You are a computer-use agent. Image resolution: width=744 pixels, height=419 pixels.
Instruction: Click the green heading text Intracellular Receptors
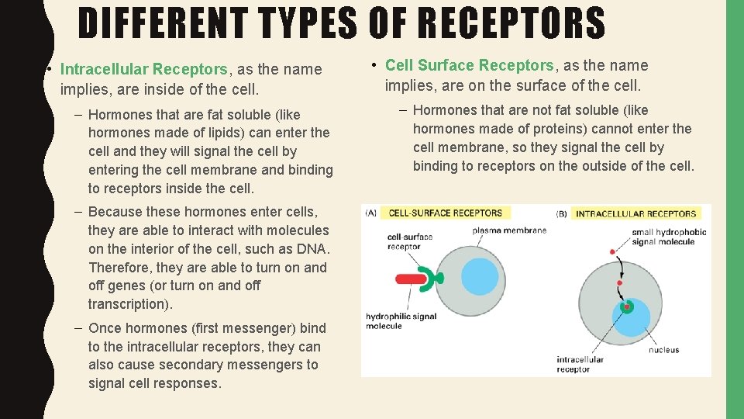(x=143, y=69)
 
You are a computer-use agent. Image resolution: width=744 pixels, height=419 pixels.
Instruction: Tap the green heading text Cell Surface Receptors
(x=470, y=65)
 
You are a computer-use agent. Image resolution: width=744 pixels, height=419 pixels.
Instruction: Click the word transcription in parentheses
(x=125, y=304)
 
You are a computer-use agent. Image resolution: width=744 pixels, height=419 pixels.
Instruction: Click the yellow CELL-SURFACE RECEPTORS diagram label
(x=445, y=213)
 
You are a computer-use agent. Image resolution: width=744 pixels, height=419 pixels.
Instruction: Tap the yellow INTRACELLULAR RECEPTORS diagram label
(x=635, y=213)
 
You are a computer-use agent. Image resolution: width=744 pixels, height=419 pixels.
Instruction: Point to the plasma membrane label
(x=509, y=230)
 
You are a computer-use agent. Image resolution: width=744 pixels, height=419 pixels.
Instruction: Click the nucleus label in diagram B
(x=663, y=350)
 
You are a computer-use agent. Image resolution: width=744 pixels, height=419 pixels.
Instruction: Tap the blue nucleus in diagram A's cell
(x=480, y=277)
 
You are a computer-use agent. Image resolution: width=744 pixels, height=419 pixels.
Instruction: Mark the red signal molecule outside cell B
(x=612, y=252)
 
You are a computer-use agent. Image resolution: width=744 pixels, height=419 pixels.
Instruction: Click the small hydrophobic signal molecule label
(x=669, y=237)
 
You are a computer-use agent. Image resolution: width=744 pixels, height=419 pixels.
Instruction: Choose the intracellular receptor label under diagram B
(x=579, y=365)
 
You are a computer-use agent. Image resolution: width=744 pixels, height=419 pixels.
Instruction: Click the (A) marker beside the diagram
(x=371, y=213)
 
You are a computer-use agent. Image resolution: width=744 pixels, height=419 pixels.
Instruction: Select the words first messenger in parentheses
(x=239, y=328)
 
